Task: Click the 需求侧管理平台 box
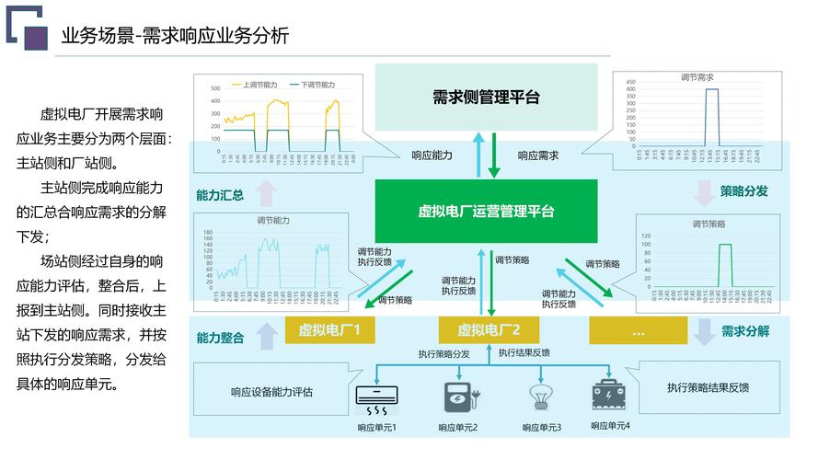486,97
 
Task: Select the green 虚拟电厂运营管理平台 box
486,211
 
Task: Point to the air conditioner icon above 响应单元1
376,397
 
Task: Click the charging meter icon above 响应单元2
457,397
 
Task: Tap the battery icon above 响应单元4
610,395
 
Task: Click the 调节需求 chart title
697,77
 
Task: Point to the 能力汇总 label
220,195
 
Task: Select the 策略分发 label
743,191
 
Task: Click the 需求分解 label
745,331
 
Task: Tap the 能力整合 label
220,338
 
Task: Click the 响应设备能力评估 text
271,392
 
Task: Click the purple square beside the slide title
35,35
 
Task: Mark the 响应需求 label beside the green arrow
537,155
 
